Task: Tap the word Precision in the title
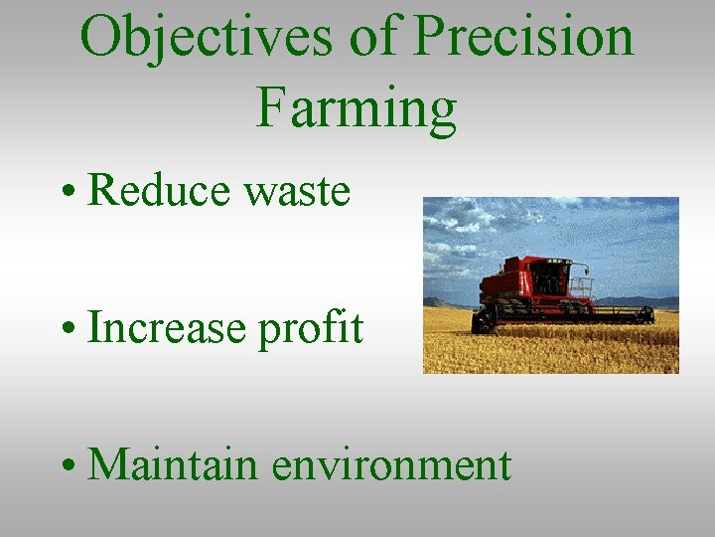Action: point(522,38)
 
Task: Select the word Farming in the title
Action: point(357,109)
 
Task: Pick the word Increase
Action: point(167,327)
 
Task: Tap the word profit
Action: point(311,329)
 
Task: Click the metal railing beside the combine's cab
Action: point(581,288)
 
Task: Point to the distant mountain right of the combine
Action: point(645,300)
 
